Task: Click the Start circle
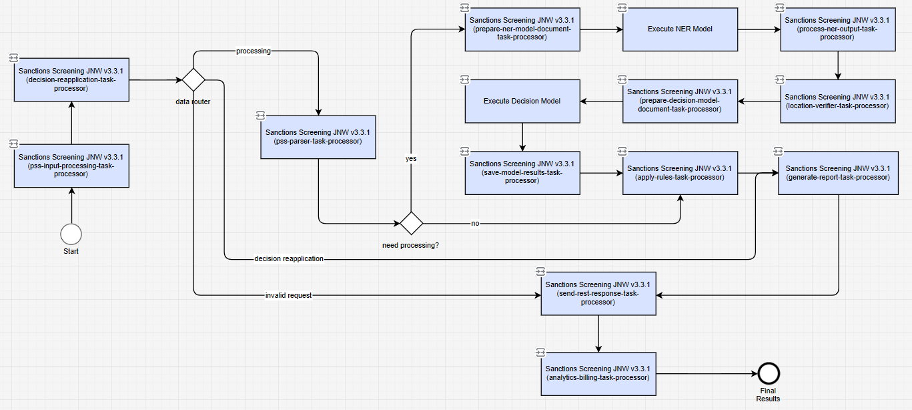pyautogui.click(x=71, y=234)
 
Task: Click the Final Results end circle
pyautogui.click(x=769, y=373)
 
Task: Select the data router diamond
pyautogui.click(x=193, y=80)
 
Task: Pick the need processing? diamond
pyautogui.click(x=411, y=223)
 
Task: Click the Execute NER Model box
pyautogui.click(x=680, y=29)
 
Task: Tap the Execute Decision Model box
pyautogui.click(x=522, y=101)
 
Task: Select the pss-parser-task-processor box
pyautogui.click(x=318, y=137)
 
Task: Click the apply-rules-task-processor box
pyautogui.click(x=680, y=173)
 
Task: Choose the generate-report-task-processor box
pyautogui.click(x=838, y=173)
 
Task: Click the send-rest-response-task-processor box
pyautogui.click(x=598, y=293)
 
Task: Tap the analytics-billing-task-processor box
pyautogui.click(x=598, y=374)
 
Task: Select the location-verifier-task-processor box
pyautogui.click(x=838, y=101)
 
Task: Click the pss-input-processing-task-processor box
pyautogui.click(x=71, y=166)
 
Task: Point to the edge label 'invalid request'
pyautogui.click(x=288, y=295)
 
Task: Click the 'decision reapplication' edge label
pyautogui.click(x=289, y=259)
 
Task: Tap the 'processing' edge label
pyautogui.click(x=254, y=51)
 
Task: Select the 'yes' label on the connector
pyautogui.click(x=411, y=158)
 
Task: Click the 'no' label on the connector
pyautogui.click(x=475, y=223)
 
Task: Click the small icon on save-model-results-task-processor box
pyautogui.click(x=464, y=151)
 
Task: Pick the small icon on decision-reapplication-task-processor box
pyautogui.click(x=13, y=58)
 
